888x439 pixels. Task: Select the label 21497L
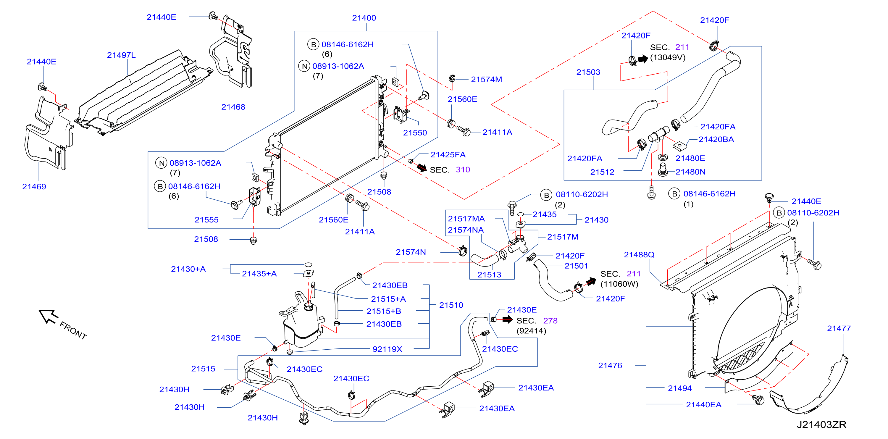[x=121, y=55]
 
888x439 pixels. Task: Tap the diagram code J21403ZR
[x=821, y=425]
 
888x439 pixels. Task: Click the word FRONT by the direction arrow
[x=73, y=330]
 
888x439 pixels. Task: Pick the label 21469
[x=34, y=187]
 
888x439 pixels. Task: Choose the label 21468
[x=233, y=107]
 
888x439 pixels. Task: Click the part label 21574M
[x=486, y=79]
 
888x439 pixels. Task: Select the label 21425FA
[x=448, y=154]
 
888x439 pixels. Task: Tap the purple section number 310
[x=463, y=170]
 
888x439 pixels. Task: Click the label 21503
[x=588, y=72]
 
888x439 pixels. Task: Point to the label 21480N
[x=690, y=172]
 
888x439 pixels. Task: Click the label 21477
[x=838, y=328]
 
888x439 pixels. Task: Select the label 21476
[x=610, y=366]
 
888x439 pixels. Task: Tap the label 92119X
[x=387, y=349]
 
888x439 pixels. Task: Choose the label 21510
[x=451, y=305]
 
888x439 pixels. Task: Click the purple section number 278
[x=550, y=321]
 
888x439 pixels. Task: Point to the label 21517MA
[x=466, y=219]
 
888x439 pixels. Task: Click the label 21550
[x=415, y=133]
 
